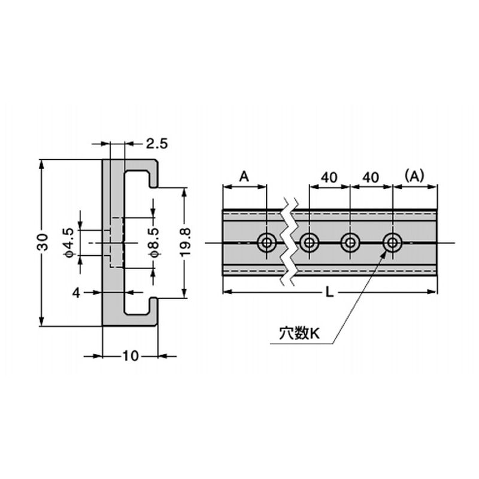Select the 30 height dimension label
point(42,242)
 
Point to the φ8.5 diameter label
point(154,242)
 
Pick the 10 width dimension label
point(130,356)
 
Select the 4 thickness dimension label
point(76,292)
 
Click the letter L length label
point(328,292)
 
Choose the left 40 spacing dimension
point(329,177)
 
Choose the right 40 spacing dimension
point(371,177)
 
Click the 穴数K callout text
point(299,334)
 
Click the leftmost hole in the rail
point(266,242)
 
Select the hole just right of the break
point(309,242)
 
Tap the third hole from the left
point(350,242)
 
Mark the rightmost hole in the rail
point(392,242)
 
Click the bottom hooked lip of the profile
point(150,311)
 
